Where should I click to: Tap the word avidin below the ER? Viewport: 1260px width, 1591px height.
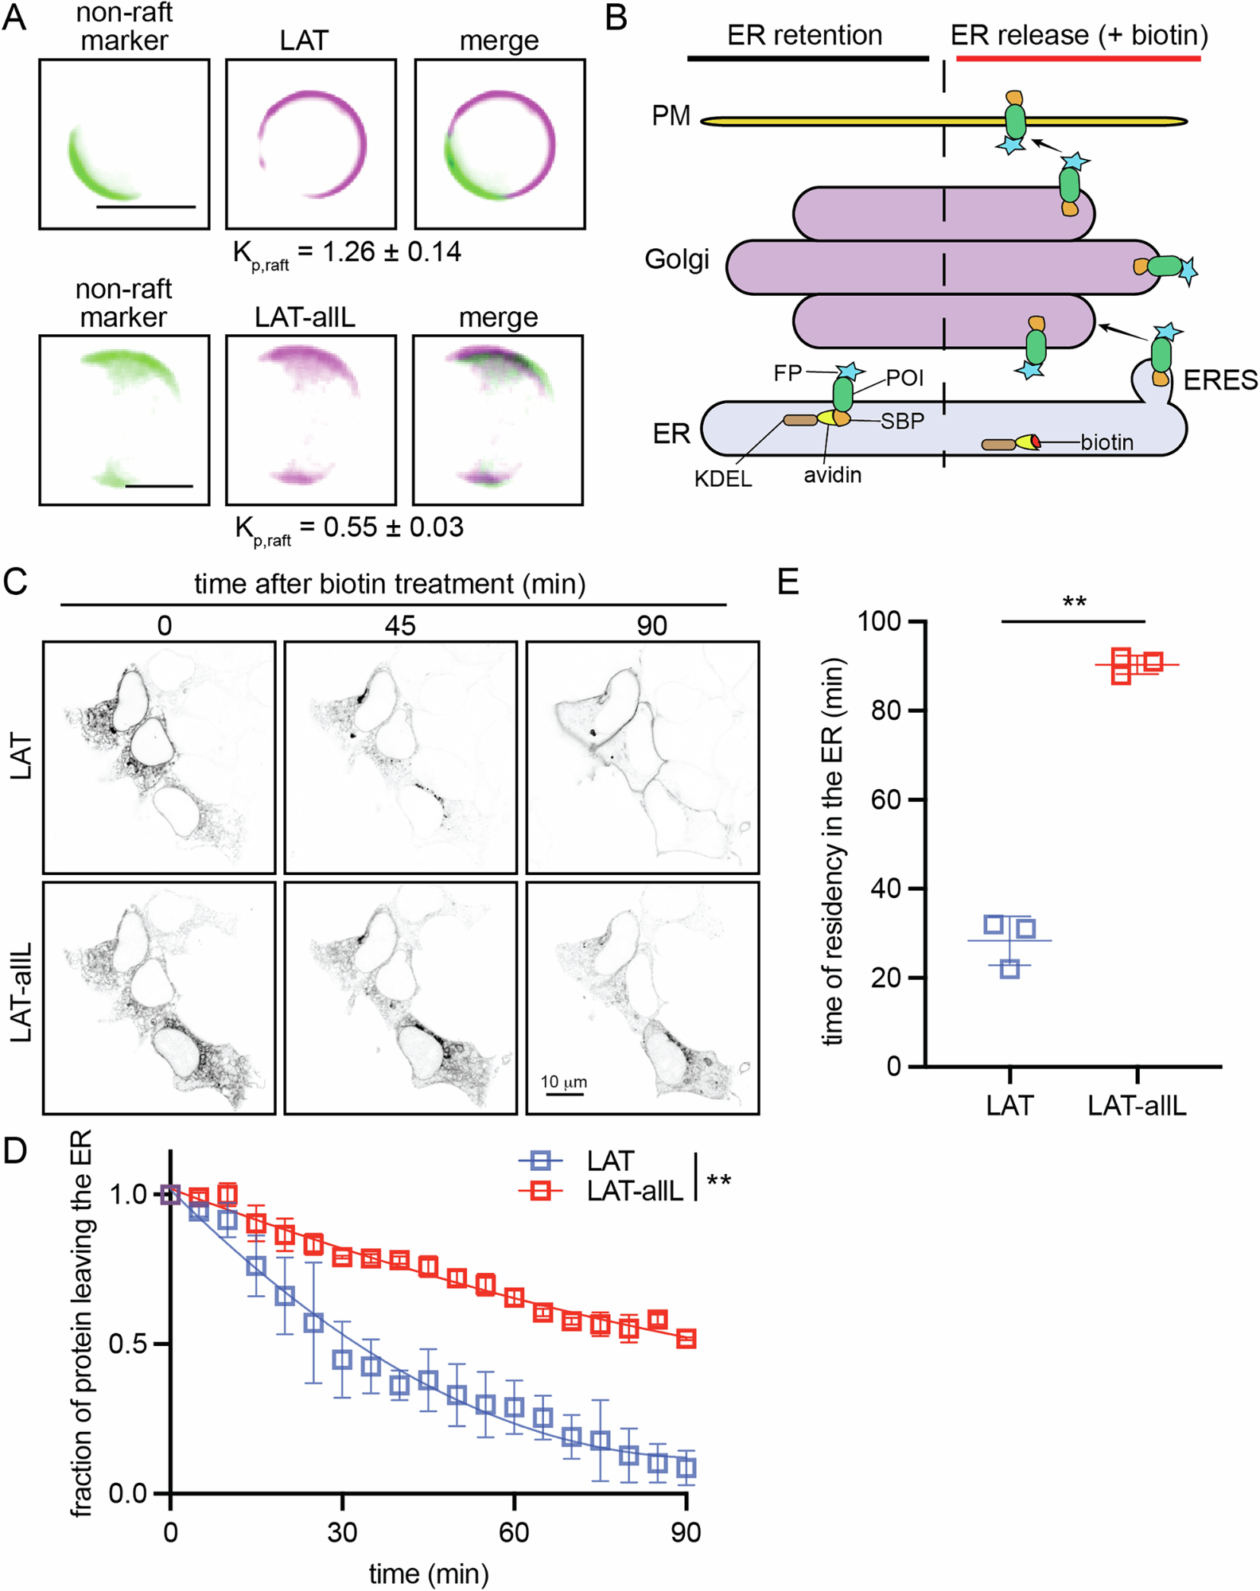pyautogui.click(x=832, y=474)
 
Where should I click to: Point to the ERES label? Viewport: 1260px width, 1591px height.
pyautogui.click(x=1220, y=380)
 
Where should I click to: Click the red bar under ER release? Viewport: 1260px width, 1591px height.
pyautogui.click(x=1078, y=58)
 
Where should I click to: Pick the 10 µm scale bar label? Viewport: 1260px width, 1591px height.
pyautogui.click(x=563, y=1082)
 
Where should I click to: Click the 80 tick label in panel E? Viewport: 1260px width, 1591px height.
pyautogui.click(x=884, y=710)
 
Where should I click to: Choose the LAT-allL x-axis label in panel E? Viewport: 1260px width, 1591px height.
pyautogui.click(x=1137, y=1105)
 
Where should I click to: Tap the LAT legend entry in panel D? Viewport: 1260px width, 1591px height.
pyautogui.click(x=609, y=1161)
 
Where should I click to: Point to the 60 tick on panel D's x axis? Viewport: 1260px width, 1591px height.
pyautogui.click(x=514, y=1531)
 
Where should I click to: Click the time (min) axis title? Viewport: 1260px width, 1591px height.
pyautogui.click(x=428, y=1573)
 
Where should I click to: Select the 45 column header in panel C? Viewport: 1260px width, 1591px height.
pyautogui.click(x=400, y=625)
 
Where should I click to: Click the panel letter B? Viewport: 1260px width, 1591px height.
pyautogui.click(x=616, y=18)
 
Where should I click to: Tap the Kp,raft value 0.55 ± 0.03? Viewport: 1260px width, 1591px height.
pyautogui.click(x=393, y=527)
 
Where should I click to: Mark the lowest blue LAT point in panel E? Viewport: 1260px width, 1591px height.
pyautogui.click(x=1009, y=968)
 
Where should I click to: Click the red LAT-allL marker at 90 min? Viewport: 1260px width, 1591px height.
pyautogui.click(x=686, y=1339)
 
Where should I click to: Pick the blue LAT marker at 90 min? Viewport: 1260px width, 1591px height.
pyautogui.click(x=686, y=1467)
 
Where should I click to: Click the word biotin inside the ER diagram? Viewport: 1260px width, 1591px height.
pyautogui.click(x=1106, y=442)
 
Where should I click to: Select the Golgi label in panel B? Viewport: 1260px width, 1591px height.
pyautogui.click(x=677, y=259)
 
